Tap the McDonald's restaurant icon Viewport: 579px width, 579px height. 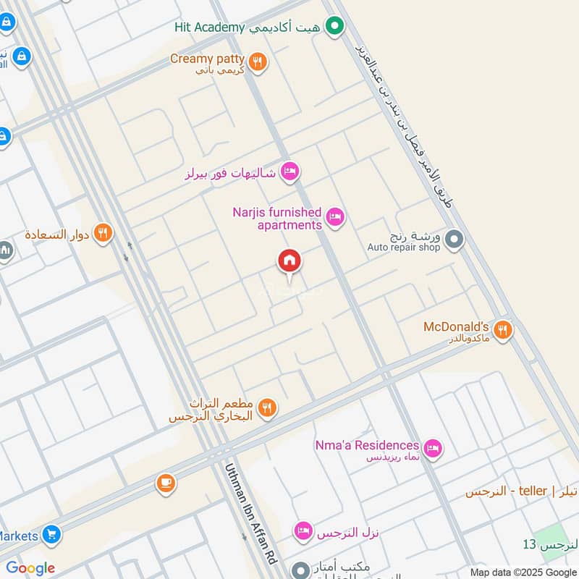click(x=503, y=330)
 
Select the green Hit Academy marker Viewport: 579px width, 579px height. click(x=334, y=28)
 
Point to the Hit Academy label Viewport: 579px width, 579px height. click(x=210, y=28)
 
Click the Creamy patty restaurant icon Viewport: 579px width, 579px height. click(x=257, y=62)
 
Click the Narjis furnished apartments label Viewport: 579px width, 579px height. click(x=277, y=219)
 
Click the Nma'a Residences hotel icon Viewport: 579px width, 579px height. click(x=433, y=449)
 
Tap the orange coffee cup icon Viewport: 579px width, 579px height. click(x=166, y=483)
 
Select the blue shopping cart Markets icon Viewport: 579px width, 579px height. click(x=51, y=536)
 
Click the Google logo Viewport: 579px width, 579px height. click(x=30, y=568)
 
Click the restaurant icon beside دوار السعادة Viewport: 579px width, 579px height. click(x=103, y=234)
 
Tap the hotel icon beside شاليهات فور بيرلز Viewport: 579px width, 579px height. click(x=289, y=172)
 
